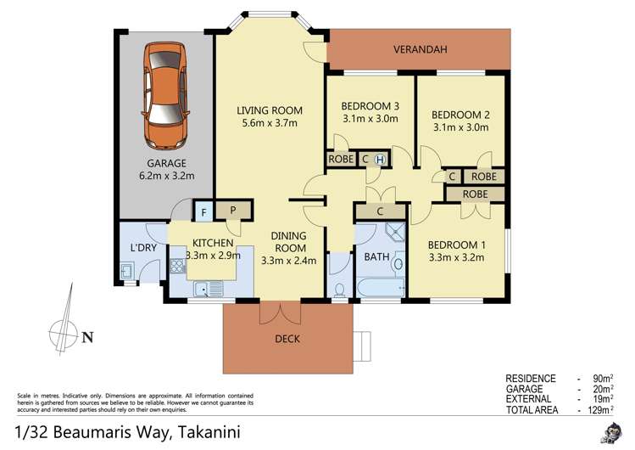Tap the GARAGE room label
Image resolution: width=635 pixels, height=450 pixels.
(165, 163)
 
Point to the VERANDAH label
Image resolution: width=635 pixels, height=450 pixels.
(421, 50)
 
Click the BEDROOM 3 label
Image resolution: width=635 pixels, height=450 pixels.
(370, 105)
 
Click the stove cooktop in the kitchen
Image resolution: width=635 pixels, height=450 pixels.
(179, 267)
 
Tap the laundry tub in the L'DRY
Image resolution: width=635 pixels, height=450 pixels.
(125, 271)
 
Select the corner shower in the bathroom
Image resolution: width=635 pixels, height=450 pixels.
(393, 234)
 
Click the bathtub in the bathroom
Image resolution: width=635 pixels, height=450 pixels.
(378, 290)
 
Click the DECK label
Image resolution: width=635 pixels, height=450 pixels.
(287, 339)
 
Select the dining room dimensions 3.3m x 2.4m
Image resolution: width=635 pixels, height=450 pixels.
(288, 261)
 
